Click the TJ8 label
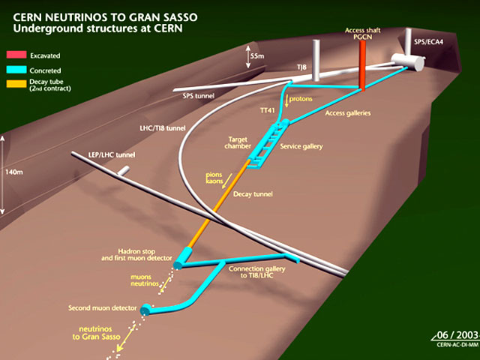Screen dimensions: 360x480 301,67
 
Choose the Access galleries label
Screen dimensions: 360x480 350,115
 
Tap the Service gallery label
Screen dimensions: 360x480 301,146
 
